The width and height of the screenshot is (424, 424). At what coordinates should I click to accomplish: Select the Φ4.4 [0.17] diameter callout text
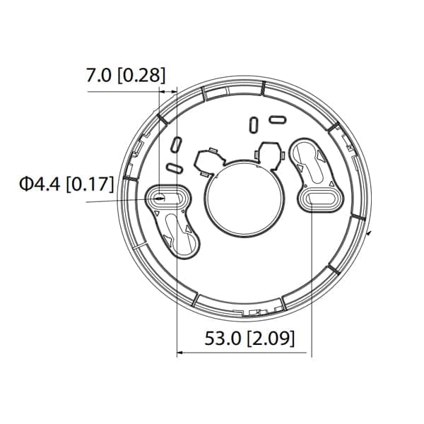[x=66, y=185]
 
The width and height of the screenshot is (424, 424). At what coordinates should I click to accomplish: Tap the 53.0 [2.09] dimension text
[x=249, y=338]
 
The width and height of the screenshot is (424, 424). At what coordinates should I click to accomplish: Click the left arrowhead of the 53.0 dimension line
[x=179, y=353]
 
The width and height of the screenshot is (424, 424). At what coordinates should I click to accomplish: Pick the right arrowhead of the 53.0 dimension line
[x=308, y=353]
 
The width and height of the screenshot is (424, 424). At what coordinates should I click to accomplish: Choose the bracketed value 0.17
[x=90, y=185]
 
